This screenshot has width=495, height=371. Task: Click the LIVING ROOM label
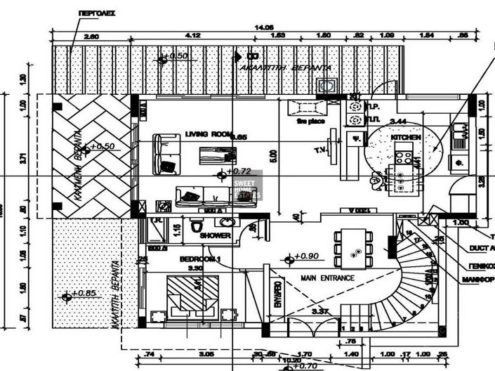[x=208, y=134]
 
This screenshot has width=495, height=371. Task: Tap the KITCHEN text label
[x=406, y=137]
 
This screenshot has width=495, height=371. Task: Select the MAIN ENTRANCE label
[x=328, y=278]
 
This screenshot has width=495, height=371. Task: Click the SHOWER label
[x=215, y=235]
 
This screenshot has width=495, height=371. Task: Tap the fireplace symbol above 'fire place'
[x=307, y=108]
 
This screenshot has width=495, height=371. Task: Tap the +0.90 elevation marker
[x=305, y=257]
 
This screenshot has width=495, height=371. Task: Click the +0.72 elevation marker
[x=236, y=171]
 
